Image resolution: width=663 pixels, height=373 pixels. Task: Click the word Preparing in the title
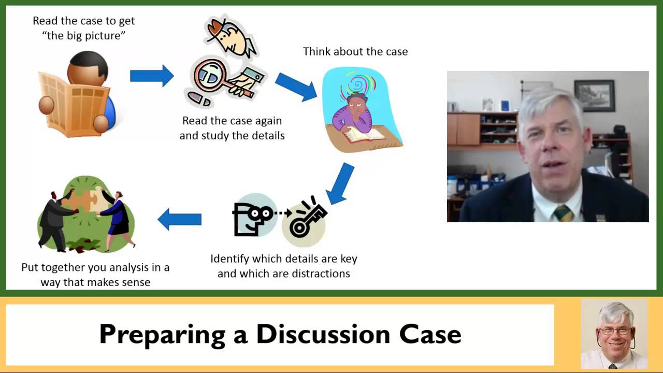162,334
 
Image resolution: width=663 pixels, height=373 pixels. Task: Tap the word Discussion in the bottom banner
323,334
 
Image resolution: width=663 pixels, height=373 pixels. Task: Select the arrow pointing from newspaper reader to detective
151,76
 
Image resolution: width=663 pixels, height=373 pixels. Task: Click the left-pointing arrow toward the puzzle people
179,219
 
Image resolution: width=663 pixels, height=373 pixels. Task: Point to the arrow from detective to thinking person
296,87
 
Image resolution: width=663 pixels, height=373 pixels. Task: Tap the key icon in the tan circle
307,220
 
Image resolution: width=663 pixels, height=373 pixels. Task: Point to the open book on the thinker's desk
365,135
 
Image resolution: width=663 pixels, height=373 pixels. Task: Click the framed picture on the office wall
594,95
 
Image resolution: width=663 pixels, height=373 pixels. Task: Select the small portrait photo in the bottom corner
614,334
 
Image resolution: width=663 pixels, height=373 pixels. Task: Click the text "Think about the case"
355,52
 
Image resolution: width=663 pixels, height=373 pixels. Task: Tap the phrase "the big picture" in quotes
84,36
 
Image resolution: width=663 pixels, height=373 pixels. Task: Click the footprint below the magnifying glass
199,98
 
